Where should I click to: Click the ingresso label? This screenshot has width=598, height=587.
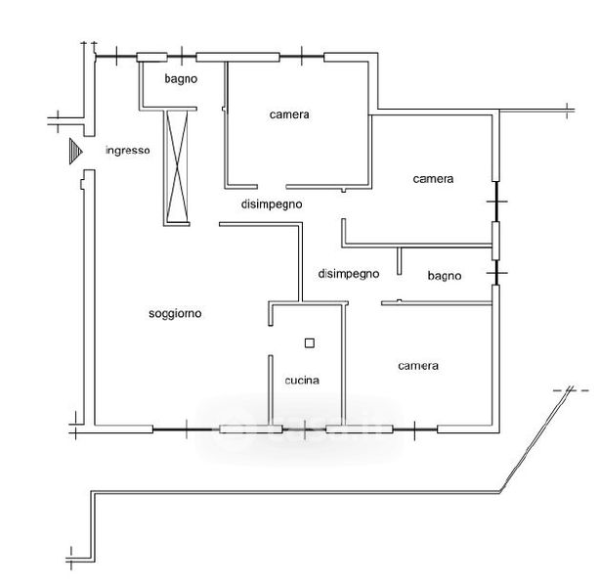127,151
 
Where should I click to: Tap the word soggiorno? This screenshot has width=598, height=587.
175,314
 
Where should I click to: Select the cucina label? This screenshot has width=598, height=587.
302,381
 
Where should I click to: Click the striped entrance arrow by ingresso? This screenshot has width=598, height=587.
75,152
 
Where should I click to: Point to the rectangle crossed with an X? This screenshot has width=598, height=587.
177,167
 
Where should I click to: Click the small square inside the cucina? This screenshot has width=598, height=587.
310,343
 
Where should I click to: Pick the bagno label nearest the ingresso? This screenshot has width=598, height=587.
181,79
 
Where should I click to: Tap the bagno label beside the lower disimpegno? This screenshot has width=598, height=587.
445,276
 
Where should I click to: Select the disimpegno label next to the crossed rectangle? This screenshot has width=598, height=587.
272,204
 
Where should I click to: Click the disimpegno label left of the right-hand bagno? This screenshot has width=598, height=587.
349,274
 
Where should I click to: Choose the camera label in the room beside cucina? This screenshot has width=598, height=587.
418,366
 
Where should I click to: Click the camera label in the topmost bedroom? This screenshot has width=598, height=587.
289,114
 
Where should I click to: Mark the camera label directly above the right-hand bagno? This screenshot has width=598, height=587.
433,179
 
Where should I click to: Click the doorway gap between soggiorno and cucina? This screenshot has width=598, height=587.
271,340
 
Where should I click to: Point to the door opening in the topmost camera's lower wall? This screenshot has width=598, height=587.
272,187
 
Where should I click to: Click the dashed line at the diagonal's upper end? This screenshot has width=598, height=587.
571,390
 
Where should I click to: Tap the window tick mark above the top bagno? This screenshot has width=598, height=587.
182,56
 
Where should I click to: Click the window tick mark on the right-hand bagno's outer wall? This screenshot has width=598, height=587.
497,273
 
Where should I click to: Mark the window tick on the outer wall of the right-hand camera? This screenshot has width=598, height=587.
497,202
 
